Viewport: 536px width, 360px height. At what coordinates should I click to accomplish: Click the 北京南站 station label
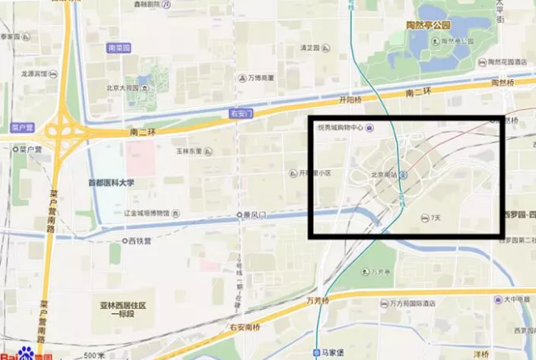[385, 174]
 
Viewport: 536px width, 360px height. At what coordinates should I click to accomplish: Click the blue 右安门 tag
[242, 113]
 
